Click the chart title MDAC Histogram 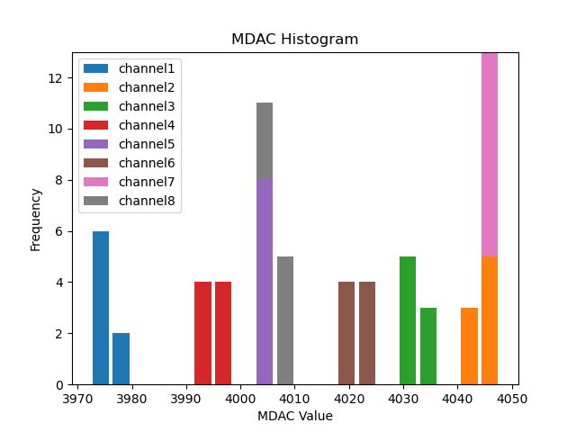pos(294,40)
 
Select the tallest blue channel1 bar pos(101,308)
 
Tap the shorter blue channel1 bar pos(121,358)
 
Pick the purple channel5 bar pos(265,282)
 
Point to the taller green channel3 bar pos(408,320)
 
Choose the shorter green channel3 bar pos(428,346)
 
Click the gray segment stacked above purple pos(265,141)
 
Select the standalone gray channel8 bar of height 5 pos(285,320)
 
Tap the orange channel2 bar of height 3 pos(469,346)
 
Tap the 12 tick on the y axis pos(59,78)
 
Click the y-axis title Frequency pos(36,219)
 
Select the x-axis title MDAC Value pos(294,416)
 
